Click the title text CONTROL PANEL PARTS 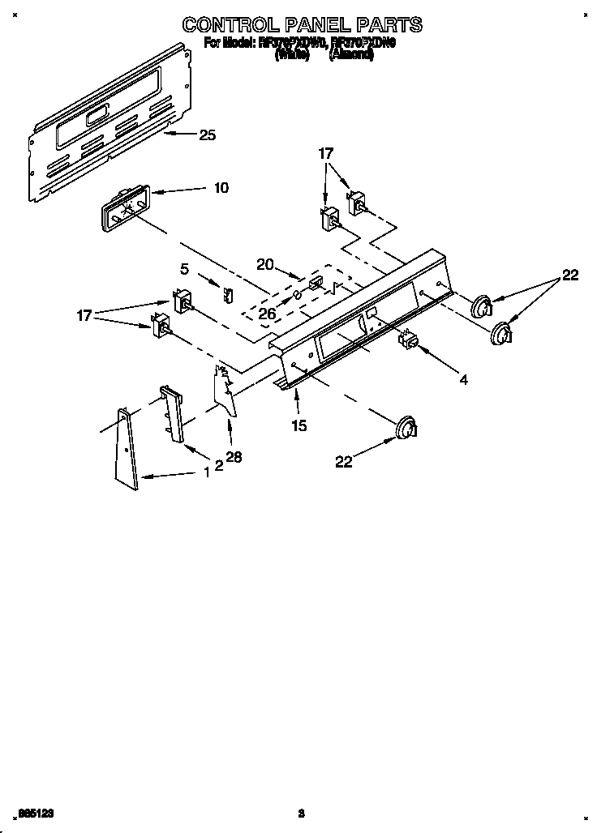[301, 24]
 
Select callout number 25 [207, 135]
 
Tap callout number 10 [220, 188]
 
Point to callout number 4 [462, 379]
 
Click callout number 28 [234, 458]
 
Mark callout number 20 [264, 264]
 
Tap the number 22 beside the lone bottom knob [345, 462]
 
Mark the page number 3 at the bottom [300, 813]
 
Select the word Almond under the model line [350, 57]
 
